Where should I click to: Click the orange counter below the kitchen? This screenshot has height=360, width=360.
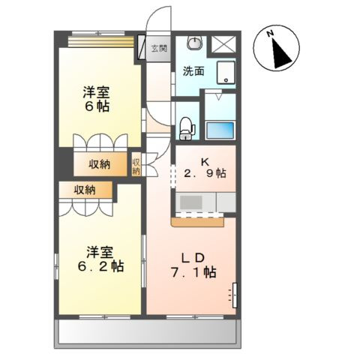click(198, 222)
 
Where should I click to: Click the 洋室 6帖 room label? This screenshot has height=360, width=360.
click(96, 100)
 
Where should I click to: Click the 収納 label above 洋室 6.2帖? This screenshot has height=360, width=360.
click(85, 190)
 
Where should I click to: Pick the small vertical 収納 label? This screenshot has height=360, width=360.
click(136, 166)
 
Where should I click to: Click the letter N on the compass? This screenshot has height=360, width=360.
click(274, 34)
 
